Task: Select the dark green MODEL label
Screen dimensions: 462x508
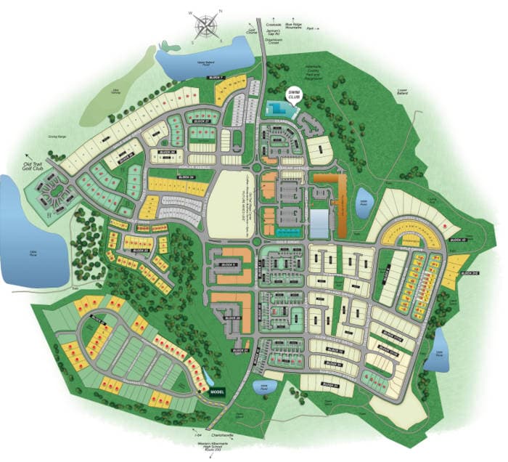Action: point(218,392)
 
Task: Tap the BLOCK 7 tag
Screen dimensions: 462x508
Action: point(215,77)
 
